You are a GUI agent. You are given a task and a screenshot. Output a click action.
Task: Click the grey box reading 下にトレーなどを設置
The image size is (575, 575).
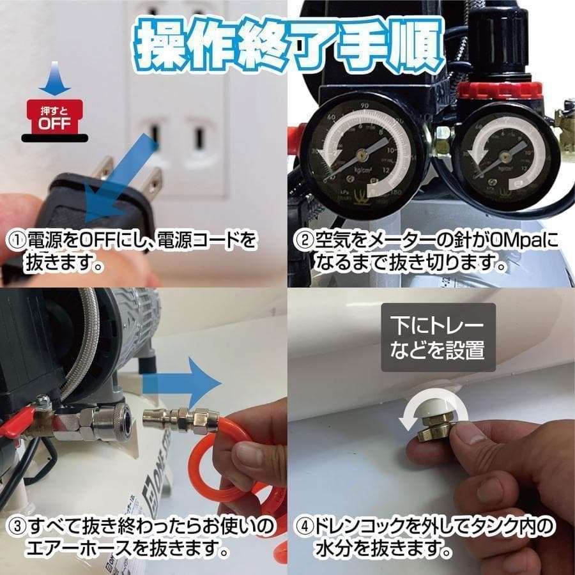pyautogui.click(x=438, y=337)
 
